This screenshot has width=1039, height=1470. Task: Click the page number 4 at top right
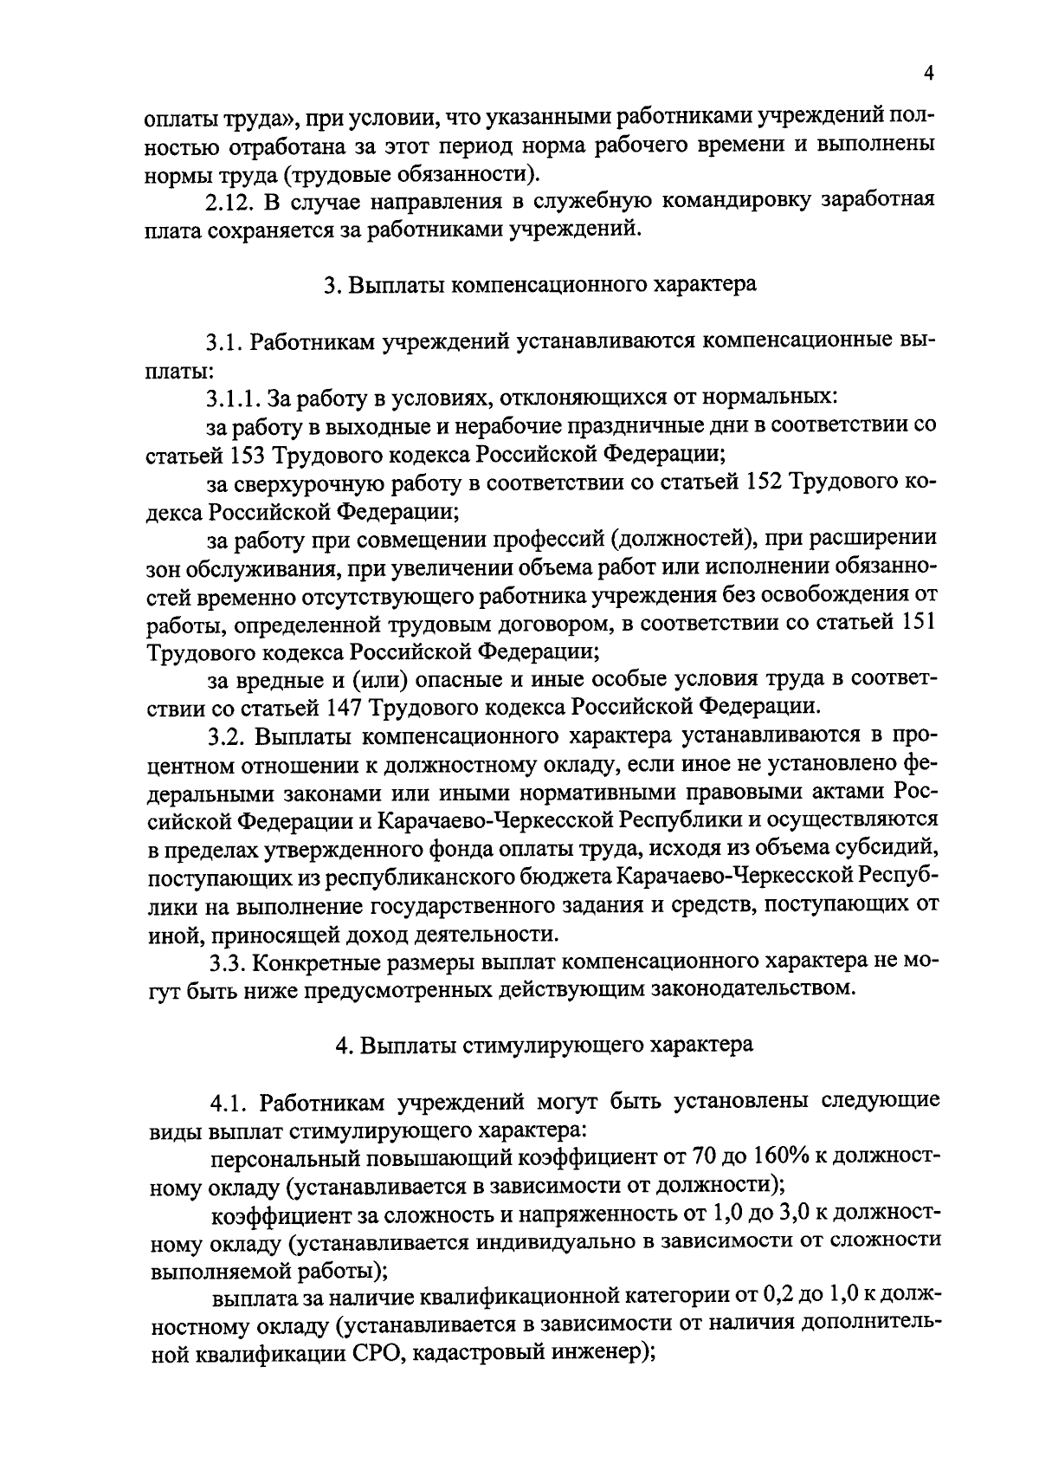tap(927, 74)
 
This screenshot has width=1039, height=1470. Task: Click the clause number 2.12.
tap(229, 200)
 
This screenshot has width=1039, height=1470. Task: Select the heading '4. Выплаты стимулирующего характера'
tap(544, 1045)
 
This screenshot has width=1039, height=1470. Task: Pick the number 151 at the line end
tap(914, 623)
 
